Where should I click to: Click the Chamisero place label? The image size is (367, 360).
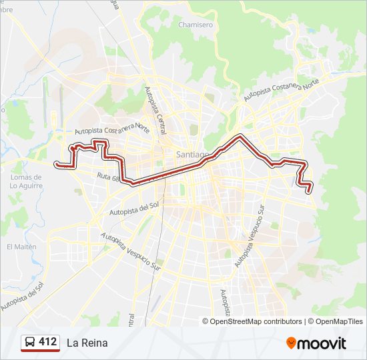click(x=196, y=25)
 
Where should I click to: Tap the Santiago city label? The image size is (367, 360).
click(x=193, y=154)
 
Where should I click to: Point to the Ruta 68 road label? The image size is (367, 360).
click(x=107, y=177)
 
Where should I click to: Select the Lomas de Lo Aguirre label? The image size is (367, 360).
click(x=26, y=181)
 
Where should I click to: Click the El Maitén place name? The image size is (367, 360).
click(x=21, y=246)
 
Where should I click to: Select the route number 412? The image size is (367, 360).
click(x=48, y=342)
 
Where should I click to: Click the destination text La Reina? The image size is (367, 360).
click(x=87, y=343)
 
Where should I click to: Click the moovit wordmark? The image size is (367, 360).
click(x=322, y=343)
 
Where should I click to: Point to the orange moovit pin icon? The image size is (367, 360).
click(x=292, y=343)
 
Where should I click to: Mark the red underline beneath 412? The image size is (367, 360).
click(x=40, y=351)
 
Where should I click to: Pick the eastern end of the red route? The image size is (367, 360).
click(x=310, y=191)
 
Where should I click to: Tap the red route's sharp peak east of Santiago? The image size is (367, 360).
click(x=240, y=136)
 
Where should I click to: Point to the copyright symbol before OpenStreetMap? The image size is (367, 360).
click(x=206, y=321)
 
